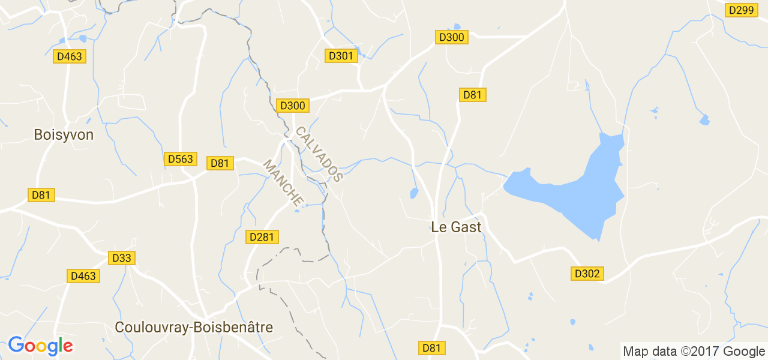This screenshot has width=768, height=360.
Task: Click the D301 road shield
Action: click(x=341, y=56)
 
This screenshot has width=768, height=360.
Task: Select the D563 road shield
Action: click(x=180, y=159)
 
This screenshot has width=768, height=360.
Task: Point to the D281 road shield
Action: click(x=261, y=237)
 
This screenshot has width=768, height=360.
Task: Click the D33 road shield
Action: click(x=122, y=258)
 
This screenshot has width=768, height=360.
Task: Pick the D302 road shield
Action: click(x=587, y=274)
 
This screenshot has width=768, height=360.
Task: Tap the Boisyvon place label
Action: click(x=64, y=135)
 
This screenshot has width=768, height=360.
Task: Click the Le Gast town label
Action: click(x=456, y=227)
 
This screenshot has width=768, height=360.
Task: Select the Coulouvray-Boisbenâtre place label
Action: click(x=193, y=328)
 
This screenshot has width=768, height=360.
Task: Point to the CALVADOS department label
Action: click(x=319, y=154)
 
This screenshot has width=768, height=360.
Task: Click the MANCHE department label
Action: click(x=283, y=183)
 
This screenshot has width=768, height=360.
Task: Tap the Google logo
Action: click(x=40, y=346)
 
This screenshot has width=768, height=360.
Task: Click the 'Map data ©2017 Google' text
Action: click(x=694, y=352)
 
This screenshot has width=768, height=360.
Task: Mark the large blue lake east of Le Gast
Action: click(x=576, y=192)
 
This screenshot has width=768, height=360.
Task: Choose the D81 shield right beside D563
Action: click(x=220, y=163)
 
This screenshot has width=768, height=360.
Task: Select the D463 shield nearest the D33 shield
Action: click(x=83, y=276)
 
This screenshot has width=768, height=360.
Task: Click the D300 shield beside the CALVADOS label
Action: click(x=292, y=106)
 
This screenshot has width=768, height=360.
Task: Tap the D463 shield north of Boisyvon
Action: click(x=70, y=56)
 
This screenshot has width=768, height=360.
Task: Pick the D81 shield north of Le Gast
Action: click(x=473, y=95)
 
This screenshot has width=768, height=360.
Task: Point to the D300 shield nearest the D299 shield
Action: click(x=451, y=37)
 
